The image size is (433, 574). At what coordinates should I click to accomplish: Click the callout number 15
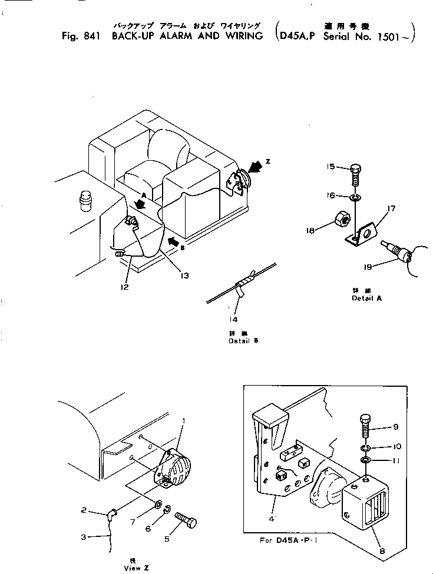[x=331, y=167]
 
